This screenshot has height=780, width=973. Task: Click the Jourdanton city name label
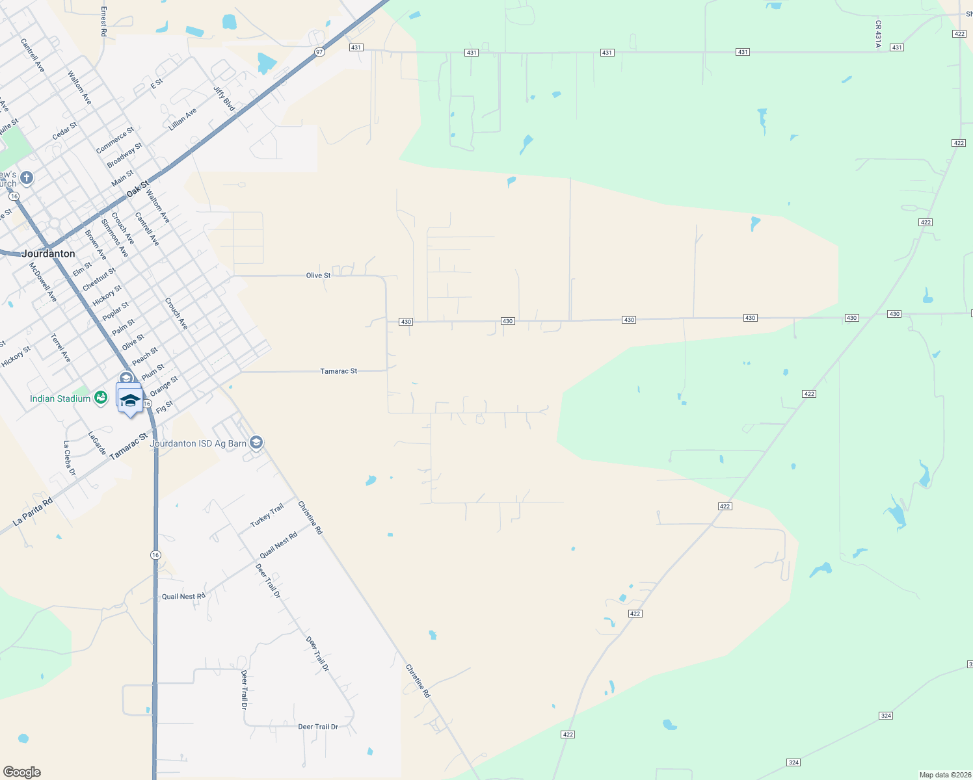tap(48, 253)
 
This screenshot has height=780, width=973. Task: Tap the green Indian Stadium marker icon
tap(100, 398)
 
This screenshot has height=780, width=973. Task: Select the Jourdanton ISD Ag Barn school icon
tap(256, 443)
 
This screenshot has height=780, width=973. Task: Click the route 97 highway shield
tap(319, 52)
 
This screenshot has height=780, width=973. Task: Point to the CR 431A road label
tap(878, 34)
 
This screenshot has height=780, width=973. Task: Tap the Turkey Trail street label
tap(267, 515)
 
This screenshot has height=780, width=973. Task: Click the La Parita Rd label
tap(33, 512)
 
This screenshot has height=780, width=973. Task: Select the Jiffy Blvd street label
tap(224, 97)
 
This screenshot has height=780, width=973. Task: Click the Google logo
tap(21, 772)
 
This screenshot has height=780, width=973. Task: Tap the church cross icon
tap(27, 177)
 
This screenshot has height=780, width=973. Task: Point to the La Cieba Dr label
tap(69, 458)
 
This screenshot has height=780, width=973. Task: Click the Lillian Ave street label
tap(182, 120)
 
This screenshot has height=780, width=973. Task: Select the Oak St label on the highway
tap(138, 189)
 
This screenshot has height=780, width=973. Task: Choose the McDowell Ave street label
tap(43, 281)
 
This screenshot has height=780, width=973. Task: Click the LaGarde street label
tap(97, 443)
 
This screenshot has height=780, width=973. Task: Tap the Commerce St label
tap(114, 140)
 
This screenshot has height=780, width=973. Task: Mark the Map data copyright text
tap(944, 775)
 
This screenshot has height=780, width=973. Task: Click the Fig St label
tap(165, 407)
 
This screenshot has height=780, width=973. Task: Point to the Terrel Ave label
tap(60, 348)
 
